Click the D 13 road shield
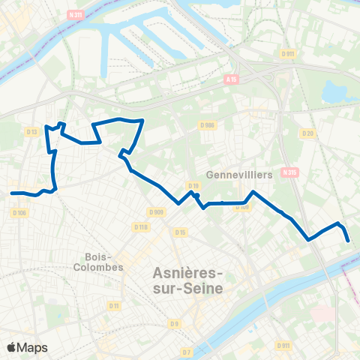31,133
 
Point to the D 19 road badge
193,185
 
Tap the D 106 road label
19,212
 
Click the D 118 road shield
140,226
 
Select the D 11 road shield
114,305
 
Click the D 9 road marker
174,323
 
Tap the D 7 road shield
187,352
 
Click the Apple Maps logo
27,347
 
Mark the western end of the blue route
13,193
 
